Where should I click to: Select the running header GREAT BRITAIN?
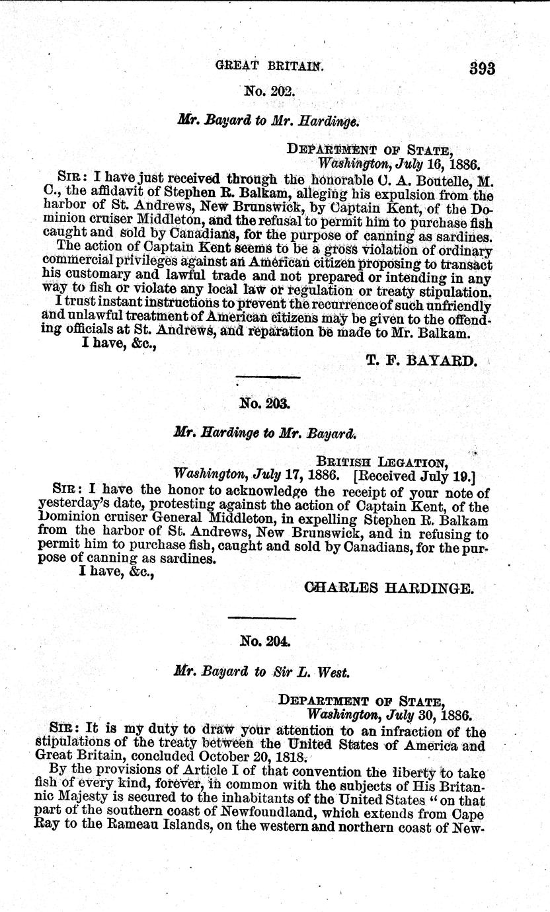coord(274,66)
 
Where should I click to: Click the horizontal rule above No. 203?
coord(268,377)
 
